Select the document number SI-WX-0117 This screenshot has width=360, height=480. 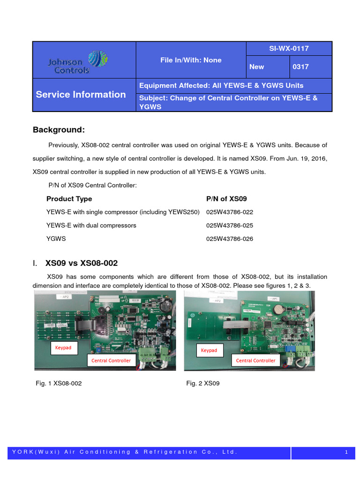(x=289, y=48)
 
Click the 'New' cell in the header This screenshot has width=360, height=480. (x=257, y=67)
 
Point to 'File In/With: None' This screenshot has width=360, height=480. (x=191, y=60)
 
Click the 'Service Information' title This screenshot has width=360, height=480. (x=81, y=94)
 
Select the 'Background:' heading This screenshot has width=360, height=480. (x=59, y=129)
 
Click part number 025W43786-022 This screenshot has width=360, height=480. (x=229, y=212)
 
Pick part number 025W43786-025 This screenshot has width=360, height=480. (x=229, y=225)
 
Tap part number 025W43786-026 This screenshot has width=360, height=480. (x=229, y=239)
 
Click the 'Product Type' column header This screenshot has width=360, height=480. (x=69, y=199)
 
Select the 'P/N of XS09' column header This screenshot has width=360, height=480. (x=226, y=199)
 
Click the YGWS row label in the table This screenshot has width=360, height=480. (x=56, y=239)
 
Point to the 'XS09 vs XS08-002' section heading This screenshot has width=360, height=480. (x=82, y=263)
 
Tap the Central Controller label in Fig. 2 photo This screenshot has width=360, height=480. (x=255, y=360)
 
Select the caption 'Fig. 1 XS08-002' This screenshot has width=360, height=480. (x=59, y=383)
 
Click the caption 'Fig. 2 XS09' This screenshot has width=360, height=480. (x=202, y=383)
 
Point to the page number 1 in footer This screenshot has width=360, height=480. (x=345, y=452)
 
